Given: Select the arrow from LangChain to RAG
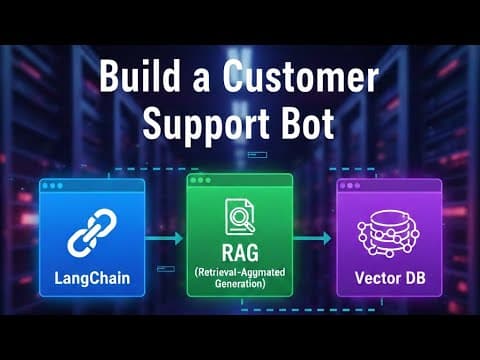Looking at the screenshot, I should (x=164, y=239).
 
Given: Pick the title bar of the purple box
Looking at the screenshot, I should (x=388, y=186).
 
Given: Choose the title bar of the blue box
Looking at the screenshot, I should (x=93, y=186).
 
